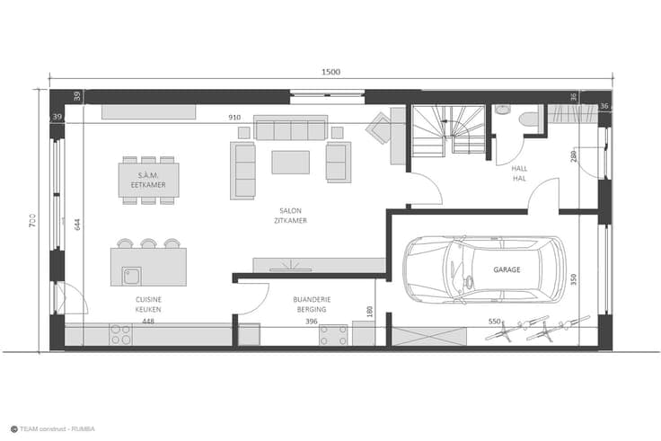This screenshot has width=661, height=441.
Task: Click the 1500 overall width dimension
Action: click(330, 72)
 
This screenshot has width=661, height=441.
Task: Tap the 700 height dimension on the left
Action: click(32, 221)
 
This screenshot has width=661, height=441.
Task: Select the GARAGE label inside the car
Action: click(507, 269)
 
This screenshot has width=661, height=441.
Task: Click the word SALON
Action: click(290, 210)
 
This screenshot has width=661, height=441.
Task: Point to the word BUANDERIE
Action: click(312, 299)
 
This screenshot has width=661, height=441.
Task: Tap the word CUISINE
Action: click(148, 299)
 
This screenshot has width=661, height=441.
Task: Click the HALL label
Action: click(519, 168)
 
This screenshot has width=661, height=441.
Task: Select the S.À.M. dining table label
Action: click(148, 175)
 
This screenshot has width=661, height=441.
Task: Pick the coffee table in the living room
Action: click(290, 163)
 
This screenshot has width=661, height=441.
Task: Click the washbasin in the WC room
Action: click(503, 110)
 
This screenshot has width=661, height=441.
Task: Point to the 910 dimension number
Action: click(234, 117)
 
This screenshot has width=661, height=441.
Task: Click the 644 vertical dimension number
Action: click(77, 225)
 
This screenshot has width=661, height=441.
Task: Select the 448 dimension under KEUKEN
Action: click(148, 322)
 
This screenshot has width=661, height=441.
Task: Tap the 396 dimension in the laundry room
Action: click(311, 322)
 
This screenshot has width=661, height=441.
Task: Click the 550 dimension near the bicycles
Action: click(495, 322)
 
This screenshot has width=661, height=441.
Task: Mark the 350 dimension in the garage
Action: click(573, 279)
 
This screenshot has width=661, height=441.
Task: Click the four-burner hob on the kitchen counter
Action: click(120, 334)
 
